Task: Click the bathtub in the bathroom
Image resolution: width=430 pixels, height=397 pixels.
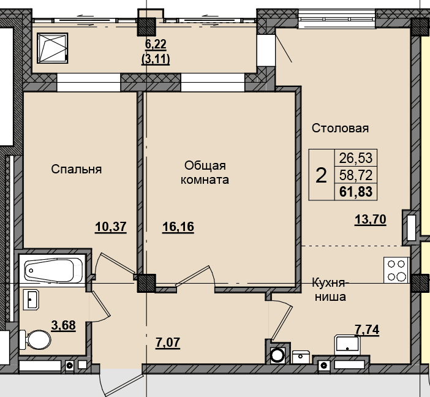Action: (x=52, y=270)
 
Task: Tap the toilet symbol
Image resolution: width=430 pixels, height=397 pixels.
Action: (x=36, y=339)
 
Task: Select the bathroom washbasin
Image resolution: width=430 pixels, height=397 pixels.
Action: (x=31, y=300)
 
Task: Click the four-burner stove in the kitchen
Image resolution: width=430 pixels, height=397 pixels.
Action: (x=396, y=270)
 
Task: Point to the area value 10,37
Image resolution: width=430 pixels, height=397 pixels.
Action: (x=111, y=227)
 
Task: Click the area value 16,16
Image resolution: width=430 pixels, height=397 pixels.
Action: (x=178, y=227)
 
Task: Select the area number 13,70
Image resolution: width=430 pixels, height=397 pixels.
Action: (x=371, y=219)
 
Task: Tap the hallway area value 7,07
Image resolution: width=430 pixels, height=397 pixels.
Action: (x=168, y=342)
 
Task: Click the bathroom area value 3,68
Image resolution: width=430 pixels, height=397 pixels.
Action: (x=63, y=325)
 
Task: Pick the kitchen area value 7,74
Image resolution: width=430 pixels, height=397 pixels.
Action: (x=367, y=330)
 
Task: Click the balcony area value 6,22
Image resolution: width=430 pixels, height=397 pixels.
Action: (x=156, y=44)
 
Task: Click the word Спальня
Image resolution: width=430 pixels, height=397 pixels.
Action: (x=76, y=169)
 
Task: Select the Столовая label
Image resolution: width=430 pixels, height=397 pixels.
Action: (x=340, y=128)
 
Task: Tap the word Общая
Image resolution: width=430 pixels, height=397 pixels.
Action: (x=205, y=165)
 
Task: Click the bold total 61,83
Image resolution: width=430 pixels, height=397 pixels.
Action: (x=356, y=192)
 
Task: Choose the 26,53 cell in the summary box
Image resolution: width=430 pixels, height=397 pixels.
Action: (x=356, y=158)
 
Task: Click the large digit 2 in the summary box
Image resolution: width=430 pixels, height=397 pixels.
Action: (x=322, y=175)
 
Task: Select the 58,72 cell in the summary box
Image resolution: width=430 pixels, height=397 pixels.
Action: (x=356, y=175)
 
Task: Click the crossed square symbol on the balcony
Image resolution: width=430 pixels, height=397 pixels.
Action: (x=52, y=48)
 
